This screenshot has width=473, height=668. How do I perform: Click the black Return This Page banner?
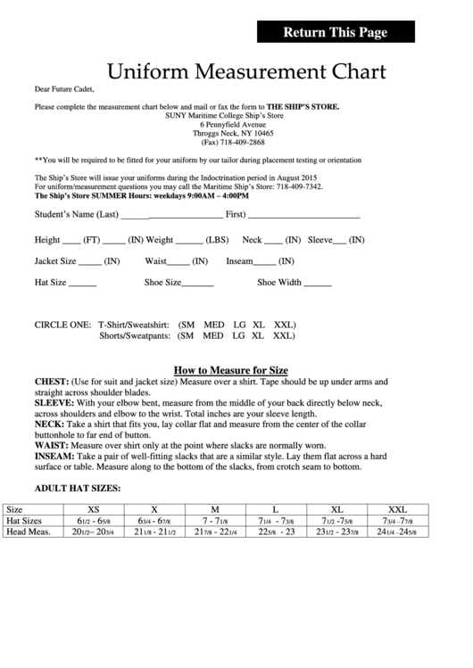click(x=336, y=33)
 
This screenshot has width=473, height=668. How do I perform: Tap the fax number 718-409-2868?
click(x=241, y=142)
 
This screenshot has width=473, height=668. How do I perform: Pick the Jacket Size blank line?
click(x=90, y=262)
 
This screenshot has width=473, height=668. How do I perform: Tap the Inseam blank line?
click(x=265, y=262)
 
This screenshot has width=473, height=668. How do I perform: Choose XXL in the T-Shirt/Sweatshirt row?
click(x=284, y=325)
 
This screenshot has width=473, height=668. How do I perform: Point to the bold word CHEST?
click(x=52, y=381)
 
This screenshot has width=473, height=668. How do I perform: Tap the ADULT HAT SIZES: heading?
click(x=77, y=489)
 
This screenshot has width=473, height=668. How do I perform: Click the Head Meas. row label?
click(x=28, y=532)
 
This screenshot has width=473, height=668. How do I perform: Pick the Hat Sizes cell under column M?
click(x=215, y=520)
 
